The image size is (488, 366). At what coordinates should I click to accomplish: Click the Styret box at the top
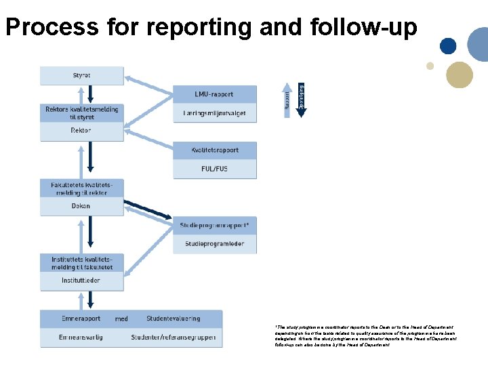click(x=81, y=75)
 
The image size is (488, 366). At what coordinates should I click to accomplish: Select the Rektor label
click(x=81, y=130)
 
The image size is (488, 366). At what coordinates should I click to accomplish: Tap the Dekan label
click(x=81, y=206)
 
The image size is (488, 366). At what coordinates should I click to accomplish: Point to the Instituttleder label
click(x=81, y=280)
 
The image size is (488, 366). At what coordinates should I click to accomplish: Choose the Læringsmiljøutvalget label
click(x=214, y=113)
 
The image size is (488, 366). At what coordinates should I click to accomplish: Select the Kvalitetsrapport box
click(x=214, y=150)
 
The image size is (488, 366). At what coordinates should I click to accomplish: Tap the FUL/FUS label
click(x=214, y=169)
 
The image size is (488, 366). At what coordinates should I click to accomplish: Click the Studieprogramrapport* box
click(x=214, y=225)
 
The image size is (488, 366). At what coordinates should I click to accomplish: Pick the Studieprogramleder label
click(x=214, y=243)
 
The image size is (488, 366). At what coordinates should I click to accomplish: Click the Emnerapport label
click(x=80, y=319)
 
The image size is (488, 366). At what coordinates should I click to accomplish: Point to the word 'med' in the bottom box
click(x=121, y=319)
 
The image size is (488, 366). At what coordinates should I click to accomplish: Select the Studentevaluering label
click(x=173, y=319)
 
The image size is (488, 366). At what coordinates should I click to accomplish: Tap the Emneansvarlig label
click(x=81, y=337)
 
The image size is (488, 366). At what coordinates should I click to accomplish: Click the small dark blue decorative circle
click(x=447, y=45)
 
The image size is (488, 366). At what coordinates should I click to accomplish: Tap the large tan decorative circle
click(x=460, y=75)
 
